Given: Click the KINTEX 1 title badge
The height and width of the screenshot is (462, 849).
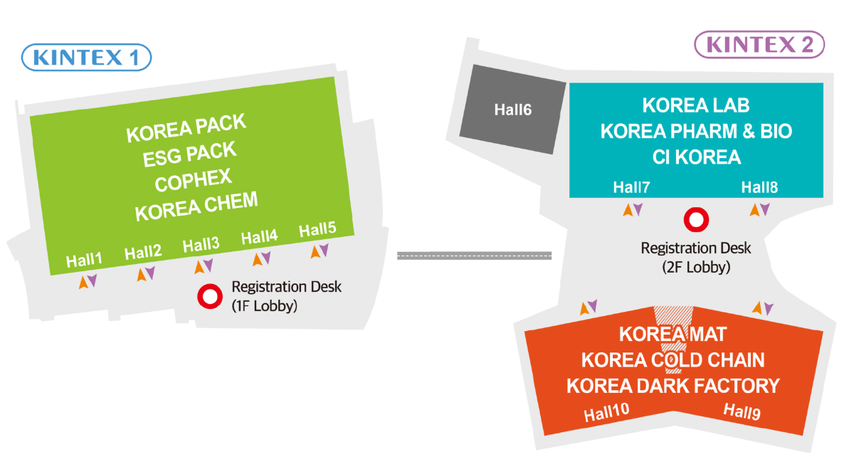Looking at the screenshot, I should [87, 57].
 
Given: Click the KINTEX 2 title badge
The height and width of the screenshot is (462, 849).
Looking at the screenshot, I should [759, 45].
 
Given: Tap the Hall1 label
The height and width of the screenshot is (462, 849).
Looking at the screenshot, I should [85, 260].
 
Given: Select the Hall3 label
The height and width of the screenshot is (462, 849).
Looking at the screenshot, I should [201, 246].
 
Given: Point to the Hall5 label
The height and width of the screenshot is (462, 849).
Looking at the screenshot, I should [317, 230].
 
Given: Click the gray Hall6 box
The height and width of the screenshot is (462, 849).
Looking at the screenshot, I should [512, 110].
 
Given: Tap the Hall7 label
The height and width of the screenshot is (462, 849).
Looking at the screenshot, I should [632, 188].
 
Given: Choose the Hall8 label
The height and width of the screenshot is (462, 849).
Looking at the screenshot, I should [759, 188].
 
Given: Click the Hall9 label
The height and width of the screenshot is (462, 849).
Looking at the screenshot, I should [742, 411].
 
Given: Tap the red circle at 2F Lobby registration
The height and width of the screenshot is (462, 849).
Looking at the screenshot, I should [695, 219].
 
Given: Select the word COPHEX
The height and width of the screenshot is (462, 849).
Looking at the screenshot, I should [194, 179].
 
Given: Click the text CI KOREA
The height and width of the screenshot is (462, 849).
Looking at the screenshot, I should [696, 157].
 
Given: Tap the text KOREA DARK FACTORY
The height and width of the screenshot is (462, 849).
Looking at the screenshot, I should [673, 386].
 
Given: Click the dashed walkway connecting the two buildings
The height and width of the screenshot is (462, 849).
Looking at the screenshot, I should [474, 255].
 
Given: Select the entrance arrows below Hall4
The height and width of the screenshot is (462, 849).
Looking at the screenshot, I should [261, 258].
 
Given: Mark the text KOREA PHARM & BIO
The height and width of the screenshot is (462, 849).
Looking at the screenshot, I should [696, 132].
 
